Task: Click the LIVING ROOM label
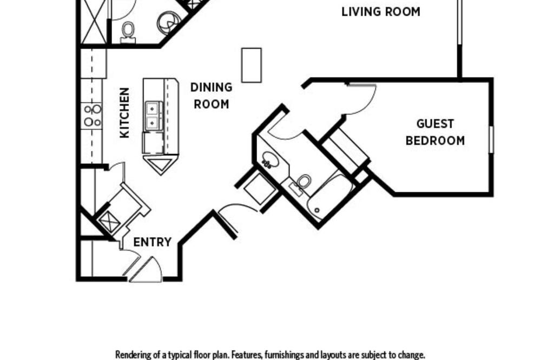(381, 12)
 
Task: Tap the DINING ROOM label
(211, 96)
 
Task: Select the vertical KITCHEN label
(124, 113)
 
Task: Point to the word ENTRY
(152, 242)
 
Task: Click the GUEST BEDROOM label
(435, 132)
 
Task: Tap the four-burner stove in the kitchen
(93, 116)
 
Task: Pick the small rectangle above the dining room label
(251, 65)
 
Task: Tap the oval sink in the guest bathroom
(270, 160)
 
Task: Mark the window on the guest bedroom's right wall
(491, 139)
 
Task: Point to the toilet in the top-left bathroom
(128, 32)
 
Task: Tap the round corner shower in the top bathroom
(169, 22)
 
